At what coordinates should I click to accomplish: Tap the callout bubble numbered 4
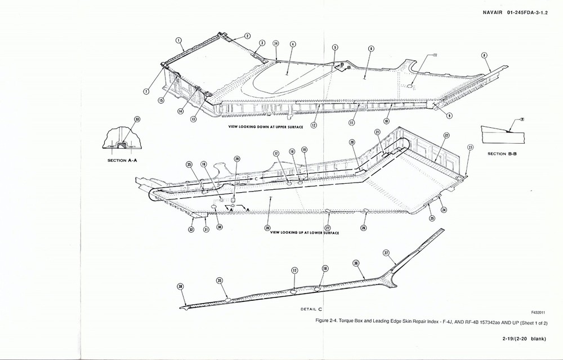[292, 44]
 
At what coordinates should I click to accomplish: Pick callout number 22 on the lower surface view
[446, 136]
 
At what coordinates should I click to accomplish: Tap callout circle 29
[237, 159]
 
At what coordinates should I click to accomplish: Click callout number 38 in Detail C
[180, 287]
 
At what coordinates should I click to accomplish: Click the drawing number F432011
[539, 312]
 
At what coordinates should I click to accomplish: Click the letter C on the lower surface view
[256, 179]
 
